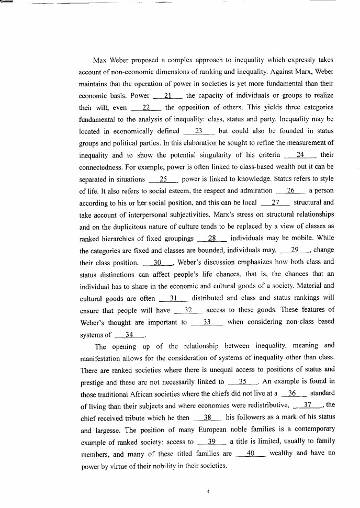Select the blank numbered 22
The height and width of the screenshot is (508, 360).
click(146, 107)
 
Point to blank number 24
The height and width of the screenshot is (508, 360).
click(300, 155)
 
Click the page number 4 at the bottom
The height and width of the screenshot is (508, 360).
click(208, 492)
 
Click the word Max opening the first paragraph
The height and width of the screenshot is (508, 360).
click(100, 60)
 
